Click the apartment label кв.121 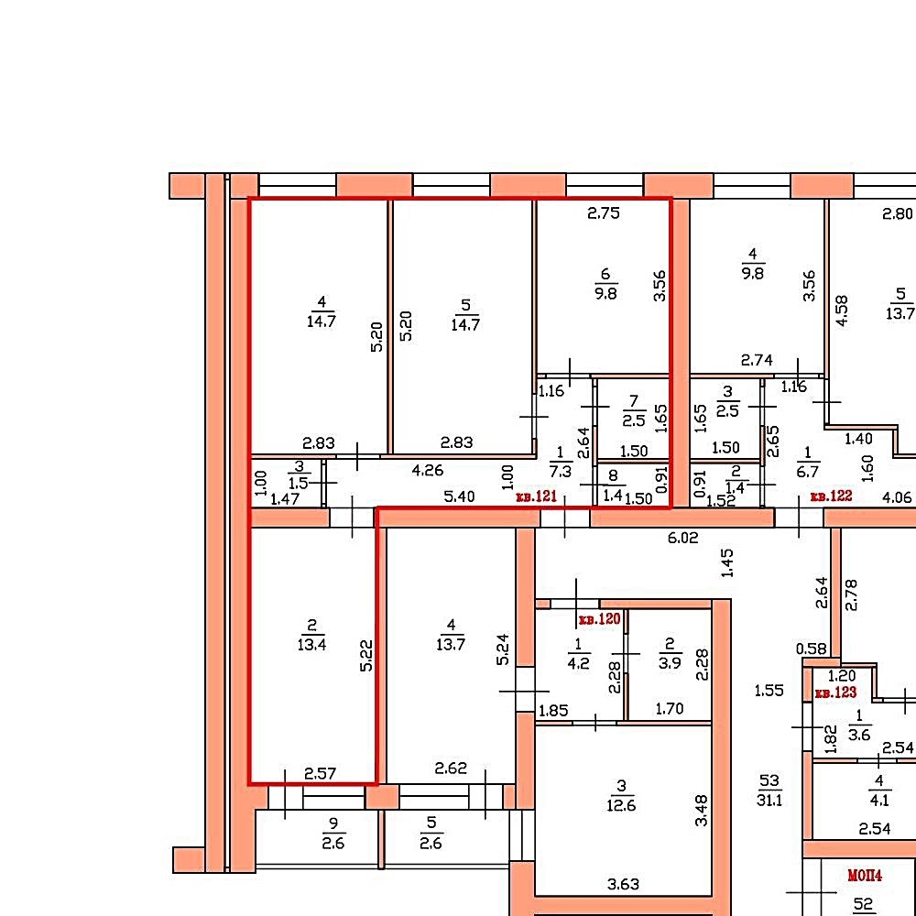tap(536, 496)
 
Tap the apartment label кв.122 tap(832, 496)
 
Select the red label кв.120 tap(599, 619)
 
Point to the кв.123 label tap(835, 692)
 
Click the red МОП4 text tap(865, 875)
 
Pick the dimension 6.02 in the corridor tap(683, 538)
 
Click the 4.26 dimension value tap(428, 470)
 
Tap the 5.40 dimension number tap(459, 496)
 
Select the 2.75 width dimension tap(604, 213)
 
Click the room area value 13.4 tap(312, 645)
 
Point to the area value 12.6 tap(621, 805)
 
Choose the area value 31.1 tap(769, 800)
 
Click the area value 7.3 tap(561, 471)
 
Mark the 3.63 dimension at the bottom tap(623, 885)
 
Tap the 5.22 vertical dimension tap(366, 656)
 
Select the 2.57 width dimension tap(320, 774)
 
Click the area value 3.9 tap(671, 663)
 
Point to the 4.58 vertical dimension tap(842, 311)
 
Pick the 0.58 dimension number tap(812, 649)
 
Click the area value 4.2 tap(578, 663)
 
